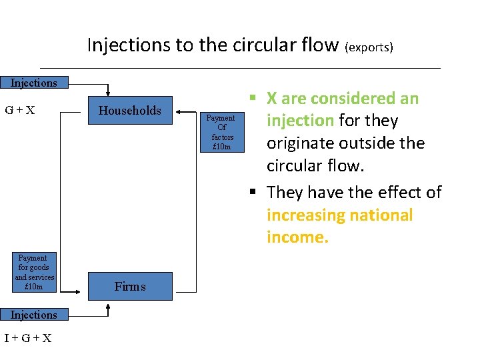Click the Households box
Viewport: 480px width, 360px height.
(x=130, y=111)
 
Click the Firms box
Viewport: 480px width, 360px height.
(x=130, y=287)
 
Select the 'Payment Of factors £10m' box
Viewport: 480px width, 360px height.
(x=221, y=132)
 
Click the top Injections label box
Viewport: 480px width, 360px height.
(x=33, y=83)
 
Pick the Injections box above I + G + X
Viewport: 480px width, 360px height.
(x=33, y=315)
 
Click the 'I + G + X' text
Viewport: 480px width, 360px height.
(x=28, y=338)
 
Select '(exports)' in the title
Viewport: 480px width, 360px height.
(x=369, y=47)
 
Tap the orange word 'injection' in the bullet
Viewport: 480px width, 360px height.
(x=300, y=121)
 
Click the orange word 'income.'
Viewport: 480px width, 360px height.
(x=297, y=237)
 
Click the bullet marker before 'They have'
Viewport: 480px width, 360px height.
(x=253, y=193)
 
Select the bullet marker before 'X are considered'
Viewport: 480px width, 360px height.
(x=253, y=99)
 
